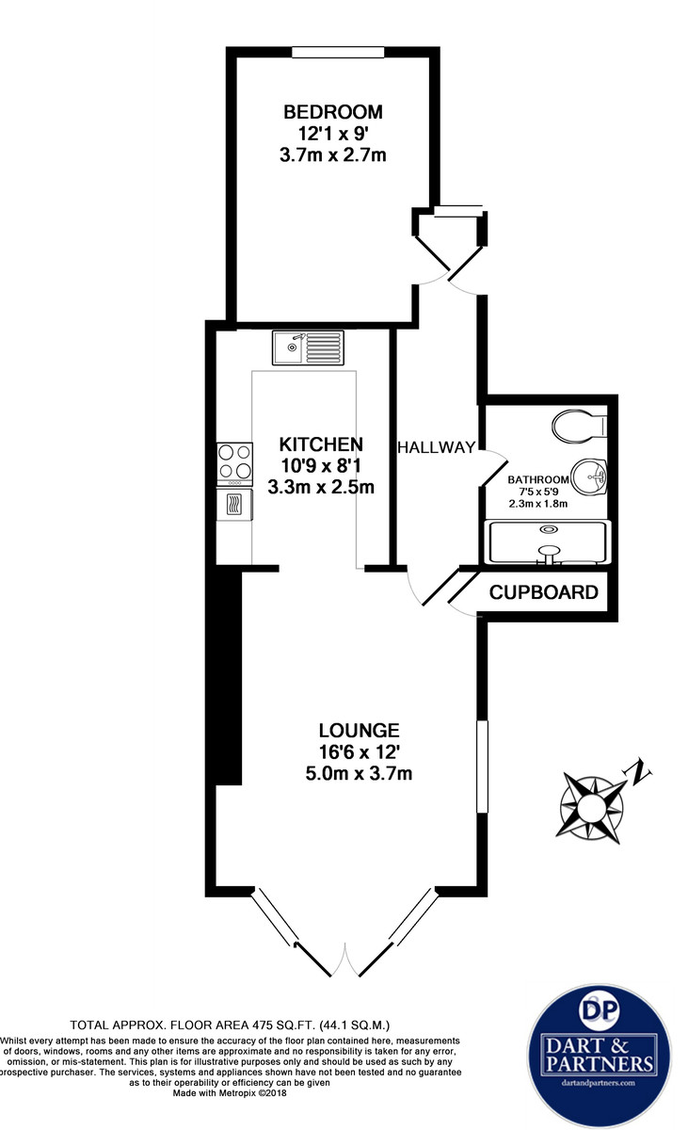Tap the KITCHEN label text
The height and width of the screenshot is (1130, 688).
point(321,444)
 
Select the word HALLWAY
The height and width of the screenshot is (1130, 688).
point(436,447)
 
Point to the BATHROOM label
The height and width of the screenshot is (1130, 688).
point(538,479)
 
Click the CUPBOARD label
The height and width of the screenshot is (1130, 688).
point(544,592)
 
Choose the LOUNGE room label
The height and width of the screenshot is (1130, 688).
point(359,730)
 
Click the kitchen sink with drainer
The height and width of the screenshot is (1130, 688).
point(308,347)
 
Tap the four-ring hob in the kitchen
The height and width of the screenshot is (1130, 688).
point(234,462)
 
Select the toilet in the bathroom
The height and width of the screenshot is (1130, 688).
point(580,426)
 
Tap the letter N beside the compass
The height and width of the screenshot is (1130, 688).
point(640,773)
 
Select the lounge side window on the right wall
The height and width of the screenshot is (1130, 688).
point(482,767)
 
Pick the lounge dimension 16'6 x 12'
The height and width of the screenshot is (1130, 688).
point(359,751)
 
